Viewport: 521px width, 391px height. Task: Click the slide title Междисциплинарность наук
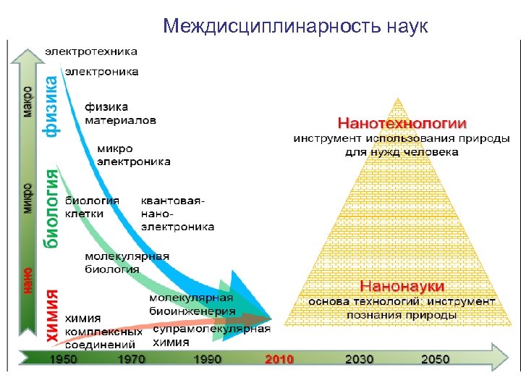[295, 27]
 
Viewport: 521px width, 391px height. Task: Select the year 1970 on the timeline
[131, 359]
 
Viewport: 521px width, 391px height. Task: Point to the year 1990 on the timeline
[208, 359]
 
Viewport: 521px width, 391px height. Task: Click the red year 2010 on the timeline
[279, 359]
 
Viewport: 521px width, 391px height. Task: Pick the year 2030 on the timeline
[360, 359]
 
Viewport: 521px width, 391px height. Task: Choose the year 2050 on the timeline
[436, 359]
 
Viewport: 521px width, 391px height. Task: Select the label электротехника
[91, 51]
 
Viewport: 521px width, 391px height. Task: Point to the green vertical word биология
[51, 209]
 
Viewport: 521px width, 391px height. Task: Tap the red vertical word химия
[52, 316]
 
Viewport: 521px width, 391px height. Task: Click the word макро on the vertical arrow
[27, 102]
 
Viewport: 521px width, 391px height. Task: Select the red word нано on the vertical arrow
[27, 280]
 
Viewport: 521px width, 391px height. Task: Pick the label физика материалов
[120, 114]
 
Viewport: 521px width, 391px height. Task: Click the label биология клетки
[93, 206]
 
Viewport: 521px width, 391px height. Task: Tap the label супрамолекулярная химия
[211, 335]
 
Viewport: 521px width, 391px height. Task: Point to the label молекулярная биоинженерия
[192, 304]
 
